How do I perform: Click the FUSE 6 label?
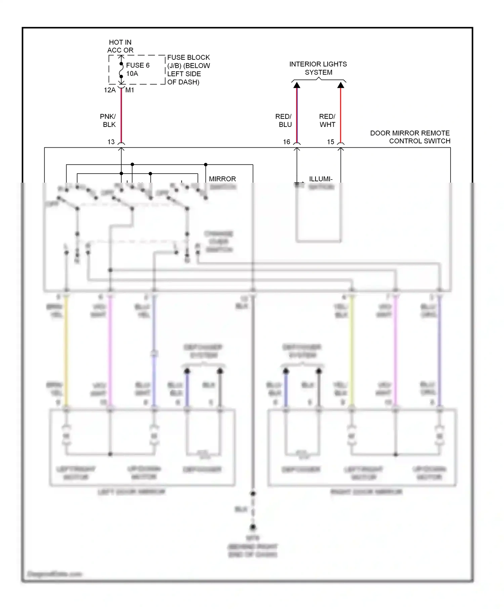click(x=138, y=65)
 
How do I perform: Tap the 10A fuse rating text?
click(x=132, y=74)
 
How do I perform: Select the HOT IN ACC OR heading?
click(x=120, y=46)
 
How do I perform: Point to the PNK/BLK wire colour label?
click(x=108, y=120)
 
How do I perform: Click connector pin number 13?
click(x=111, y=142)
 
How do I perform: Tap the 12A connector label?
click(x=110, y=90)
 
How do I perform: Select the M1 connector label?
click(x=130, y=90)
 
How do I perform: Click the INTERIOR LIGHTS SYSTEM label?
click(x=318, y=68)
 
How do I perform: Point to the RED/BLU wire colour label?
click(x=284, y=120)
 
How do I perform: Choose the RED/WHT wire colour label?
click(x=327, y=120)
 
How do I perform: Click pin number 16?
click(x=287, y=142)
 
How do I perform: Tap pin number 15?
click(x=331, y=142)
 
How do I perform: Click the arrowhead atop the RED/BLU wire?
click(x=297, y=85)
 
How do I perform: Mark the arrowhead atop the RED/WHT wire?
click(x=341, y=85)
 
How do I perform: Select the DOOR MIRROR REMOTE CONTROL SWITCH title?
click(x=410, y=137)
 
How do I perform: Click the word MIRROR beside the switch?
click(x=222, y=179)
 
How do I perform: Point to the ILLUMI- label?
click(x=321, y=179)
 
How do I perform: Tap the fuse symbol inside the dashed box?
click(x=121, y=70)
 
